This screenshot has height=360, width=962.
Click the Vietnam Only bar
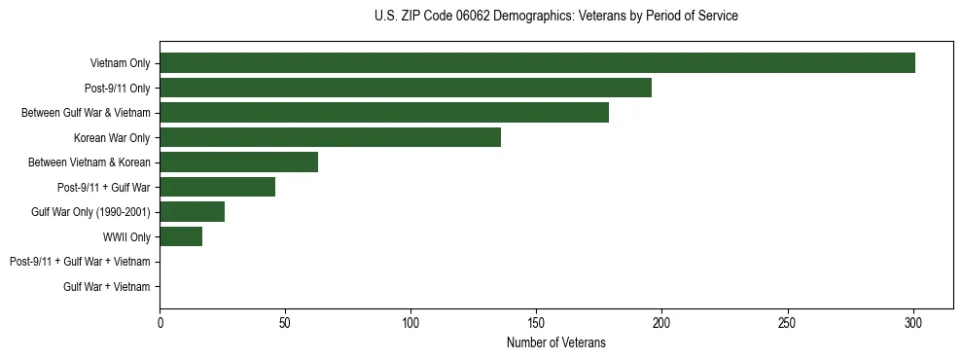click(537, 63)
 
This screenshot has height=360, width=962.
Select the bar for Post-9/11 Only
click(406, 88)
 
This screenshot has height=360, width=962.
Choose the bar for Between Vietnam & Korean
click(238, 162)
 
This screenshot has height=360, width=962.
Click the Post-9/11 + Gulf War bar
click(217, 187)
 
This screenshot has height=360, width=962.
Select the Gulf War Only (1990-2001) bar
click(192, 212)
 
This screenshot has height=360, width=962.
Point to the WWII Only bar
click(181, 236)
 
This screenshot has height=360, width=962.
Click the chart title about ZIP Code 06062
click(555, 17)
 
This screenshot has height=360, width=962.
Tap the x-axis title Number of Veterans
click(555, 342)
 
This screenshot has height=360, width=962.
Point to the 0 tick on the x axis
click(160, 322)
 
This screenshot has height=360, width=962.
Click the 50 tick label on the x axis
click(285, 322)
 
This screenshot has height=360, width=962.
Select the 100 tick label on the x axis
click(410, 322)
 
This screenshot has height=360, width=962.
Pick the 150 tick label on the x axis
click(536, 322)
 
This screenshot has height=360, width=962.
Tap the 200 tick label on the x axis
click(661, 322)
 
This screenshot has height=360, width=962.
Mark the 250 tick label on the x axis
click(787, 322)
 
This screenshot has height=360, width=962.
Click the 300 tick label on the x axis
click(912, 322)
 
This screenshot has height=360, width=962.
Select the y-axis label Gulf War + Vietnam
click(106, 286)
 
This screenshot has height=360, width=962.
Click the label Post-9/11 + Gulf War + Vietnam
click(80, 262)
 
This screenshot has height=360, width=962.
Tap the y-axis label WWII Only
click(126, 236)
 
